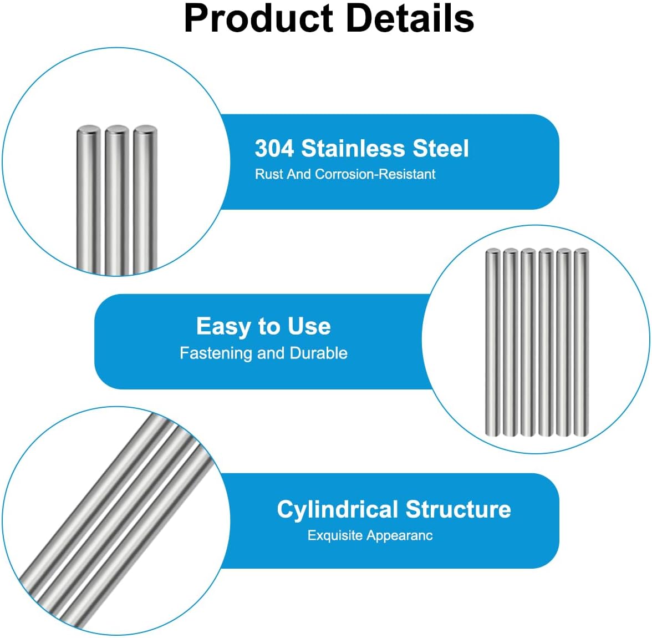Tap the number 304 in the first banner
click(274, 148)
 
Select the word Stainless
click(353, 148)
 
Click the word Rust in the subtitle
click(268, 174)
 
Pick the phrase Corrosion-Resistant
click(375, 174)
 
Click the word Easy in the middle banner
click(222, 327)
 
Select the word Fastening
click(216, 353)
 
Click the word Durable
click(318, 353)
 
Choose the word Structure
click(458, 509)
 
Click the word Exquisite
click(335, 535)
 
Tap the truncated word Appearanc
click(400, 535)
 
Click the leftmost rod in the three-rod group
click(89, 199)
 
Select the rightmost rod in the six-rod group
click(581, 342)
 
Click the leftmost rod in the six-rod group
click(493, 342)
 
